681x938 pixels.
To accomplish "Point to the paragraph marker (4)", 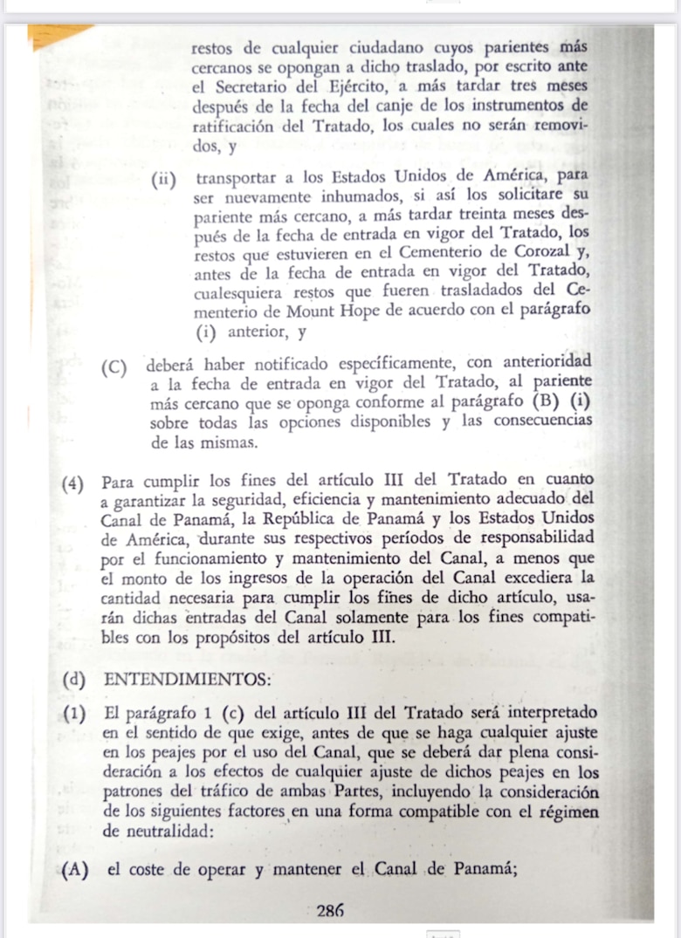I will [x=73, y=481].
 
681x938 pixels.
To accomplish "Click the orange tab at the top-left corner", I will [x=58, y=33].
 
